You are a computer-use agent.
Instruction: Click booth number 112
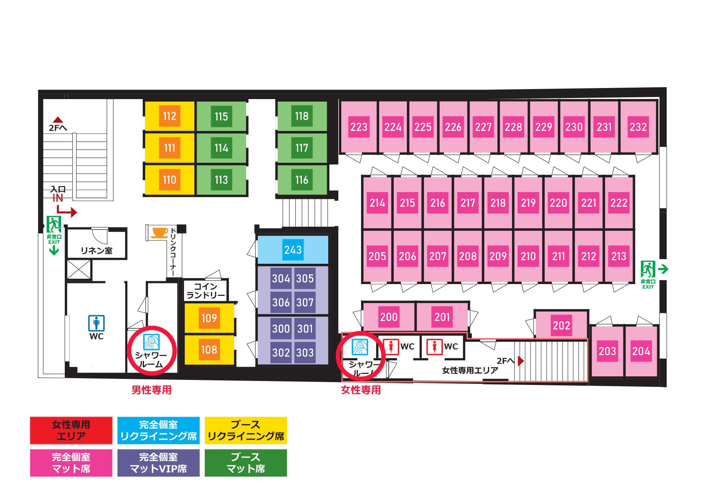click(x=169, y=116)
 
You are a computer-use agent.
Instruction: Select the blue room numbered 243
click(x=293, y=250)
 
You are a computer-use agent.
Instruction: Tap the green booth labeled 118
click(x=302, y=116)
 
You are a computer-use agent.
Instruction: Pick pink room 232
click(x=638, y=127)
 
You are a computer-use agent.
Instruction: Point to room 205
click(x=377, y=256)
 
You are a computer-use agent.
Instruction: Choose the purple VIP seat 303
click(x=305, y=353)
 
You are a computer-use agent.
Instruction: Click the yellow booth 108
click(x=209, y=350)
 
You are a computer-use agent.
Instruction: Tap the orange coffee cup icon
click(x=159, y=233)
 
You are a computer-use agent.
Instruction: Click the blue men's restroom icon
click(x=96, y=323)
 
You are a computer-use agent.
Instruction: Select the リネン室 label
click(x=96, y=251)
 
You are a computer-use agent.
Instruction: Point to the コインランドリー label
click(x=206, y=290)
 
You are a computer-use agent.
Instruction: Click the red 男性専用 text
click(x=152, y=390)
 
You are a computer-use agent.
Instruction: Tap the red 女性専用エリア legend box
click(x=71, y=431)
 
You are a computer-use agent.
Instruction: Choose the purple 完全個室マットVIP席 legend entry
click(x=158, y=463)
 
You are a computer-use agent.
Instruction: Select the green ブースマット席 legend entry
click(x=246, y=463)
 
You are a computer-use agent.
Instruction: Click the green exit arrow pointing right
click(x=663, y=269)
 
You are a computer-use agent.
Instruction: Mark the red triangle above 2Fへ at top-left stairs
click(x=58, y=120)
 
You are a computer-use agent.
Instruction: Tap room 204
click(x=641, y=351)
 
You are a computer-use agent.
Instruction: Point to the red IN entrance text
click(x=58, y=198)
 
